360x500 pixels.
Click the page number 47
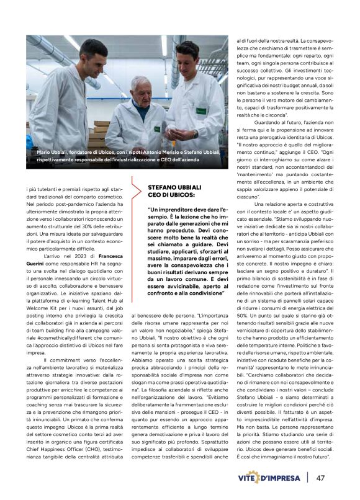321,478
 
